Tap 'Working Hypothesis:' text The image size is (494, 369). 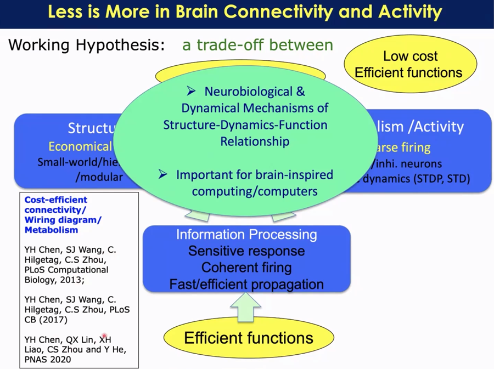[87, 45]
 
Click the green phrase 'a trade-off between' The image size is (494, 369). [257, 45]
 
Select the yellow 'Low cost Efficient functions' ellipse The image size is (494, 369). [408, 65]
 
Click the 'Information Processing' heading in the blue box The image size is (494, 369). [246, 235]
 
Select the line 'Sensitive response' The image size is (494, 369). [246, 251]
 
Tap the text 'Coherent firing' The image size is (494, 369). [246, 268]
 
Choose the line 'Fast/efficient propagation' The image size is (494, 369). [246, 284]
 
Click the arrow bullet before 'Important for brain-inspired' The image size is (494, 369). [163, 174]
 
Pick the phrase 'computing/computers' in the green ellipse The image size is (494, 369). [255, 191]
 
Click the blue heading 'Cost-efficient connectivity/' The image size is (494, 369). [56, 205]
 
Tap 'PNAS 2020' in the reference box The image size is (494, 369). [48, 360]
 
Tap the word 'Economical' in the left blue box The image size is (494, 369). [80, 146]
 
